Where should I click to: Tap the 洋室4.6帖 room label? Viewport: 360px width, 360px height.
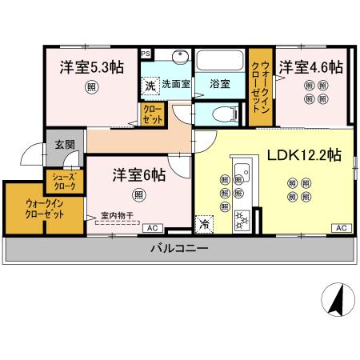pyautogui.click(x=310, y=67)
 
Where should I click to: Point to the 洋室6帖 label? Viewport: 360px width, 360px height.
pyautogui.click(x=138, y=174)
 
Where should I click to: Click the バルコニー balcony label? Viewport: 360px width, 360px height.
pyautogui.click(x=180, y=249)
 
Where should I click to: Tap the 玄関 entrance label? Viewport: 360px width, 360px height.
pyautogui.click(x=64, y=145)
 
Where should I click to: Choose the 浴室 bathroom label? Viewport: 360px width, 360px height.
pyautogui.click(x=220, y=82)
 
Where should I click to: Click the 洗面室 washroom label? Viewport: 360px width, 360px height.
pyautogui.click(x=174, y=82)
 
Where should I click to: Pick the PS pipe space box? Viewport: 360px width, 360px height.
pyautogui.click(x=146, y=54)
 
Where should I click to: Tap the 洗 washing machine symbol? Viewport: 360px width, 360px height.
pyautogui.click(x=150, y=84)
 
